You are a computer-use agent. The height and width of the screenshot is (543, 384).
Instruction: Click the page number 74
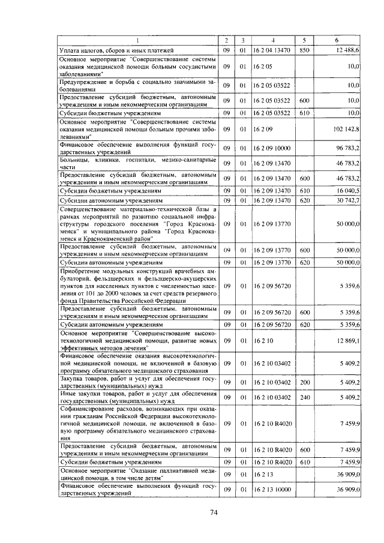213,512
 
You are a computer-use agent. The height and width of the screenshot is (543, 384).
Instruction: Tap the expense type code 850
304,50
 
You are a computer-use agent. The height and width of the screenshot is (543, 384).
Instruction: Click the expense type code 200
304,381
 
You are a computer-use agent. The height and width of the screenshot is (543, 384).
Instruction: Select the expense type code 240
304,397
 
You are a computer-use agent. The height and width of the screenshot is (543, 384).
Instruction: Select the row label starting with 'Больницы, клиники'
137,163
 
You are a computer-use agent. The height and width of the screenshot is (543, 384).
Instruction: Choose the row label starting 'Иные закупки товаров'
137,397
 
